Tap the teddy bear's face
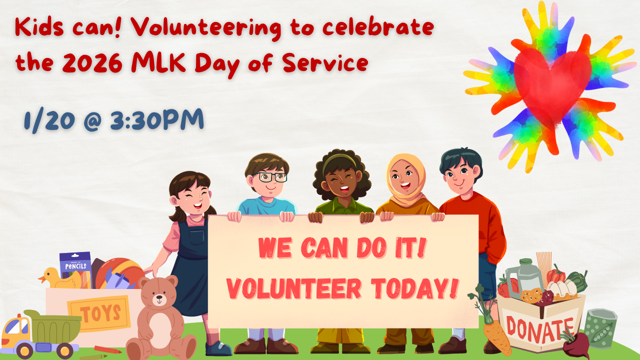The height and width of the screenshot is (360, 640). click(x=159, y=298)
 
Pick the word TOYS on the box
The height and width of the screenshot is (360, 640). click(x=101, y=314)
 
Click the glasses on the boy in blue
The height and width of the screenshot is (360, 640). click(x=269, y=177)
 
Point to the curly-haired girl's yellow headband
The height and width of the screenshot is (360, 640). click(x=339, y=159)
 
